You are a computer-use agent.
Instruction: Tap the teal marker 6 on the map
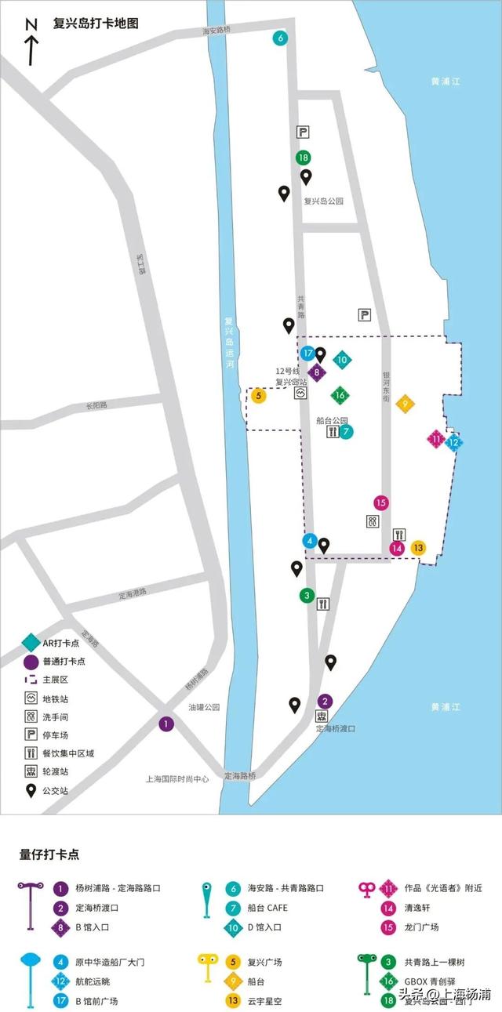point(280,38)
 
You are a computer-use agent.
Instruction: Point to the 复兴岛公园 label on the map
point(324,201)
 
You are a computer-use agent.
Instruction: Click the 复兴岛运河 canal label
point(229,341)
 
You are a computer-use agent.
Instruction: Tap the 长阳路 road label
point(96,406)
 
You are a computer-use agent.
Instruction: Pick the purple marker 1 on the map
point(166,724)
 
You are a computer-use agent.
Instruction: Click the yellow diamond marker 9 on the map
point(405,404)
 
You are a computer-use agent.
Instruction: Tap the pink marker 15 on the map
point(381,503)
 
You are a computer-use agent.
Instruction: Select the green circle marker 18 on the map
point(304,158)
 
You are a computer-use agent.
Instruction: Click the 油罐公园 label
point(204,707)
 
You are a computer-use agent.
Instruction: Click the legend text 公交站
point(56,791)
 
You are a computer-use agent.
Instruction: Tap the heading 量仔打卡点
point(49,854)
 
